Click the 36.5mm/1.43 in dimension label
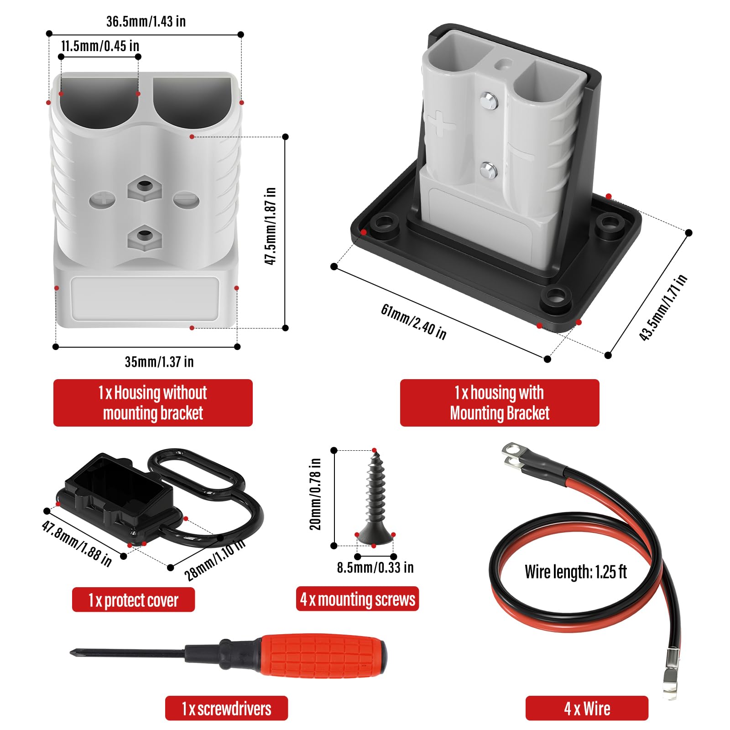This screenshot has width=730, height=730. click(x=146, y=21)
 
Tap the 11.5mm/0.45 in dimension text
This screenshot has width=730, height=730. click(x=100, y=46)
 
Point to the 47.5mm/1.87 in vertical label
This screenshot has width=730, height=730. click(x=271, y=226)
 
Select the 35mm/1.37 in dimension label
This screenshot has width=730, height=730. click(x=159, y=362)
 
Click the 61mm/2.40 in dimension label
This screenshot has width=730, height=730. click(x=413, y=322)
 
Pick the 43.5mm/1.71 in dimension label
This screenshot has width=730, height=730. click(x=663, y=308)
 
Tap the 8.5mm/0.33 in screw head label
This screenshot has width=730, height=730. click(x=375, y=568)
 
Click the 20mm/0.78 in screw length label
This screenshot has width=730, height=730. click(x=316, y=494)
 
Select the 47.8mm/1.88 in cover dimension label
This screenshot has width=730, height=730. click(x=77, y=543)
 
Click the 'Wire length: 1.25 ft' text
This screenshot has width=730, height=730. click(x=576, y=572)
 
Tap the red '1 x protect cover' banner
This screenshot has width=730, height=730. click(x=133, y=600)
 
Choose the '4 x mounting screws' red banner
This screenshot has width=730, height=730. click(x=357, y=599)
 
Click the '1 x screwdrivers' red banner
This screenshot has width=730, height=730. click(x=226, y=709)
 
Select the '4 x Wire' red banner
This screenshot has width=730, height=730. click(x=587, y=709)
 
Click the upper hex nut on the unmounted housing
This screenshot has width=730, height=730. click(x=145, y=187)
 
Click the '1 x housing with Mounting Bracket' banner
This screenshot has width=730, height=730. click(x=500, y=403)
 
